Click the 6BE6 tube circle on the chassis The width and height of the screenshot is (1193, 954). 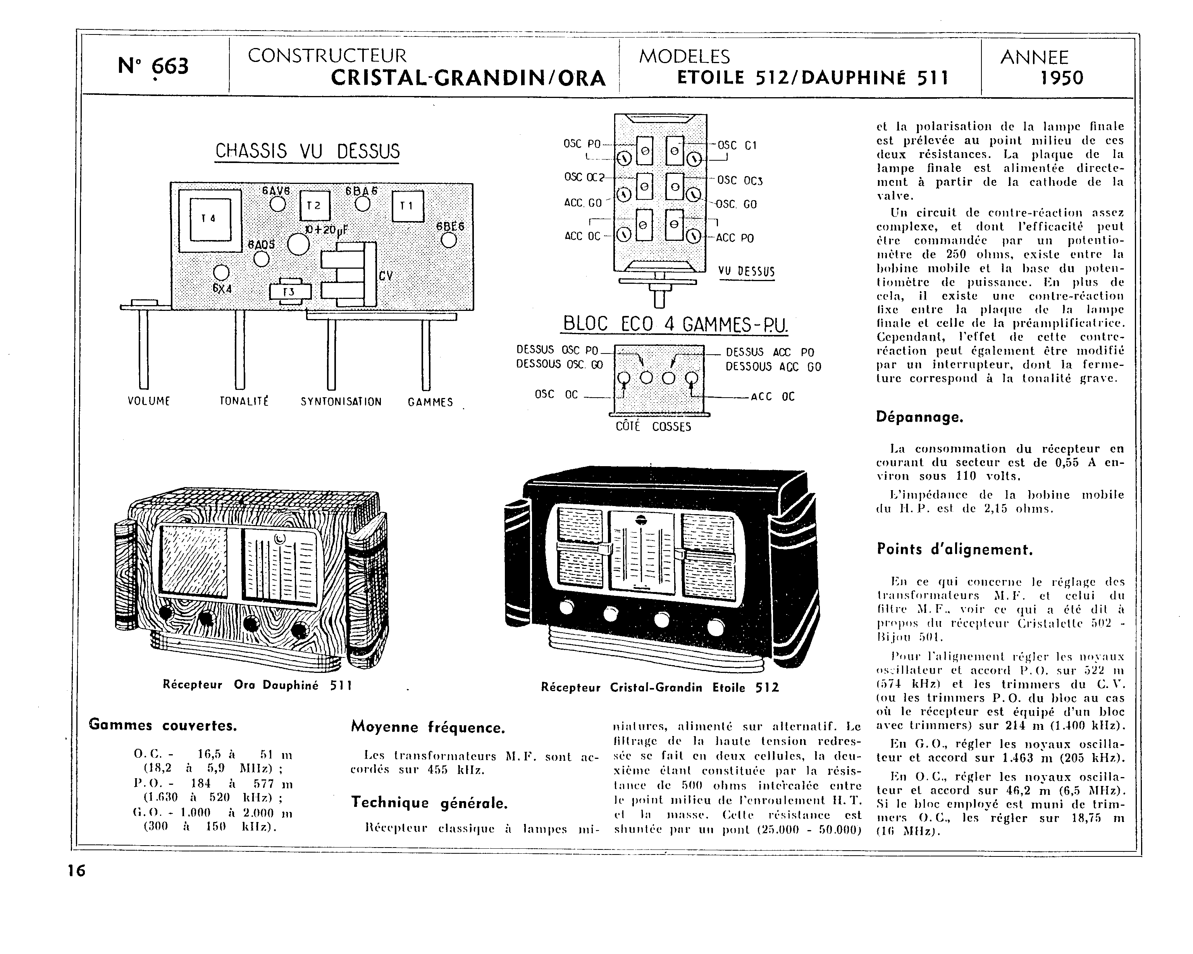pos(449,240)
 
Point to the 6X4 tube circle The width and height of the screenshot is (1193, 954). pos(221,272)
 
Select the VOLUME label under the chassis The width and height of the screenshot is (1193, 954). pos(148,402)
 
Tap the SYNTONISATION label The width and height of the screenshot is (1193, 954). pos(341,402)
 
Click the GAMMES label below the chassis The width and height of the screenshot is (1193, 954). pos(430,402)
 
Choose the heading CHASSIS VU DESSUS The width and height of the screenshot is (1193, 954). pos(307,151)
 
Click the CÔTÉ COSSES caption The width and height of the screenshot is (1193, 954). pos(654,427)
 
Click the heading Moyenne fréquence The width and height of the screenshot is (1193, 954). pos(428,727)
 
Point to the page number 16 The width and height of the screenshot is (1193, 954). pos(76,871)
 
